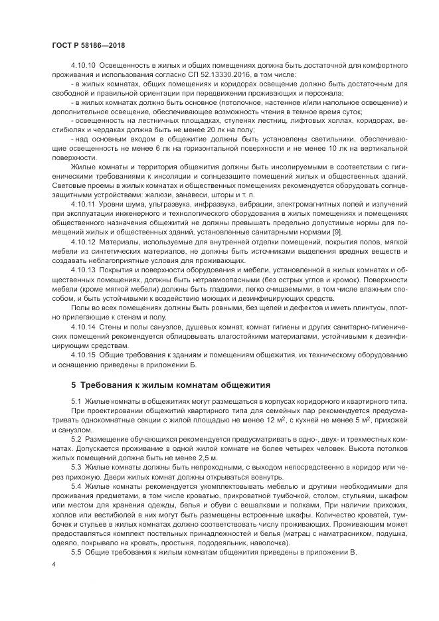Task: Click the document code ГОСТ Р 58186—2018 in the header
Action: [88, 44]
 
